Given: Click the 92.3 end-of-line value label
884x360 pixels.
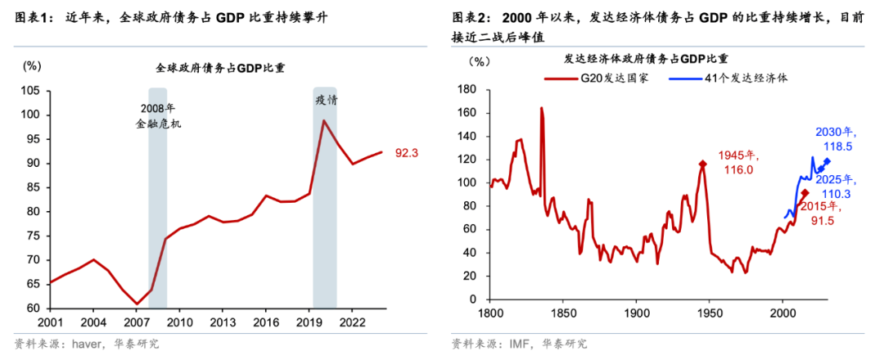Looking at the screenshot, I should pyautogui.click(x=408, y=153).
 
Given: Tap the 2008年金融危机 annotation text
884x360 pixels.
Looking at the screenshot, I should pyautogui.click(x=158, y=116).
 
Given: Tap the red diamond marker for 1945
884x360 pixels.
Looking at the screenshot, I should pyautogui.click(x=702, y=164).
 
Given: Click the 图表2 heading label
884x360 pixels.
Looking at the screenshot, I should pyautogui.click(x=470, y=17).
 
